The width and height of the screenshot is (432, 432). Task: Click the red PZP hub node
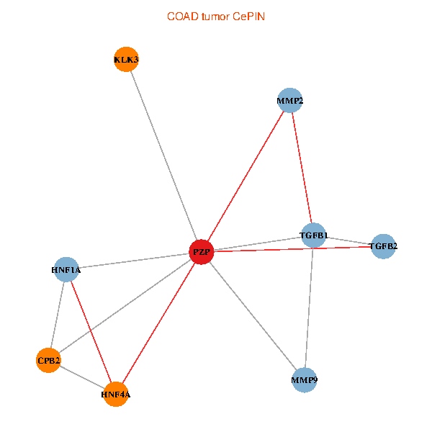(202, 252)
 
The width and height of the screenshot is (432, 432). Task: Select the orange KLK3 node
(126, 59)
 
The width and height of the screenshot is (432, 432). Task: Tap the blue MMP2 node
(290, 101)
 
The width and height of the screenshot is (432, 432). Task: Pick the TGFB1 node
(313, 235)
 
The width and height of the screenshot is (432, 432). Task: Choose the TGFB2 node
(383, 246)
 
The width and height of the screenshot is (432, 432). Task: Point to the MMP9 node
(305, 380)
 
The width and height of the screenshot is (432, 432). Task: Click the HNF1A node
(66, 269)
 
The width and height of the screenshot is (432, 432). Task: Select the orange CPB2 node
(48, 361)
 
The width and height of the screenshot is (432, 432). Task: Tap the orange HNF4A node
(116, 395)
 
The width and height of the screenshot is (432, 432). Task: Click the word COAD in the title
(183, 17)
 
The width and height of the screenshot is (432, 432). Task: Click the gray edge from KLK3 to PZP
(164, 156)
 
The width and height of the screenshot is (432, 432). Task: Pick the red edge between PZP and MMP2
(246, 176)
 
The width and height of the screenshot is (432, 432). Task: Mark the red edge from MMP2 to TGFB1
(302, 168)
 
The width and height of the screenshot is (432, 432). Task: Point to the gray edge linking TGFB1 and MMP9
(309, 307)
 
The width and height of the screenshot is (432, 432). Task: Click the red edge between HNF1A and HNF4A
(91, 332)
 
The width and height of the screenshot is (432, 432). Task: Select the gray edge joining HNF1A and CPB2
(58, 315)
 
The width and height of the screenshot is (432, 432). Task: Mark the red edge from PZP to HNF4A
(158, 323)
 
